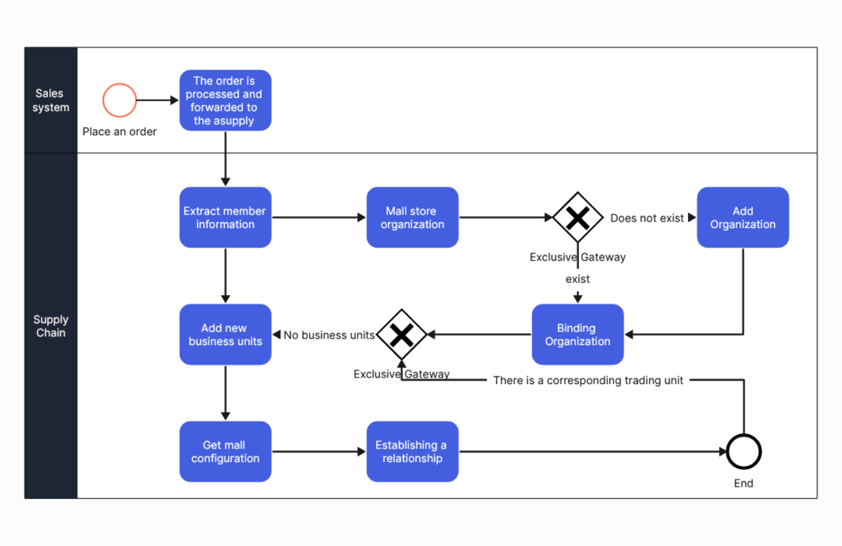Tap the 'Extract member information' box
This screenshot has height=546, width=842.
(x=225, y=217)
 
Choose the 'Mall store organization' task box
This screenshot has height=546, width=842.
(x=413, y=217)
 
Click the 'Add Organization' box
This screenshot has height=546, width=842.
(x=743, y=217)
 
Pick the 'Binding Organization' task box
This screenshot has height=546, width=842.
(x=578, y=334)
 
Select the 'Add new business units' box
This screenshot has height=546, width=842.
(x=225, y=334)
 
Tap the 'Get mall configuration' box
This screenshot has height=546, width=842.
(x=225, y=451)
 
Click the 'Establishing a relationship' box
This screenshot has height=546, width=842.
(x=413, y=451)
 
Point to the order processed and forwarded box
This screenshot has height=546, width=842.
(x=225, y=100)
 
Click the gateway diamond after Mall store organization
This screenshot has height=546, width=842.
(x=578, y=217)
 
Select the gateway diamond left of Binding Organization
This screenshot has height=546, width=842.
(x=402, y=334)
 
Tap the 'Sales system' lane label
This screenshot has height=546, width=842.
(x=51, y=100)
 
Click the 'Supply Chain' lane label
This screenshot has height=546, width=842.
(x=51, y=326)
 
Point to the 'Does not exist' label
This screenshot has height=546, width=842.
(x=647, y=218)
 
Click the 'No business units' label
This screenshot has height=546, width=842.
(x=329, y=335)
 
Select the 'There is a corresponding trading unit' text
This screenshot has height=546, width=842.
(x=588, y=380)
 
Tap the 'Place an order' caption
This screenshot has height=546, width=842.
(x=120, y=131)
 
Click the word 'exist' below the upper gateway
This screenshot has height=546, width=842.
(x=578, y=279)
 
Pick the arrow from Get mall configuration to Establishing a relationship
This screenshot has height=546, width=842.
(x=319, y=451)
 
